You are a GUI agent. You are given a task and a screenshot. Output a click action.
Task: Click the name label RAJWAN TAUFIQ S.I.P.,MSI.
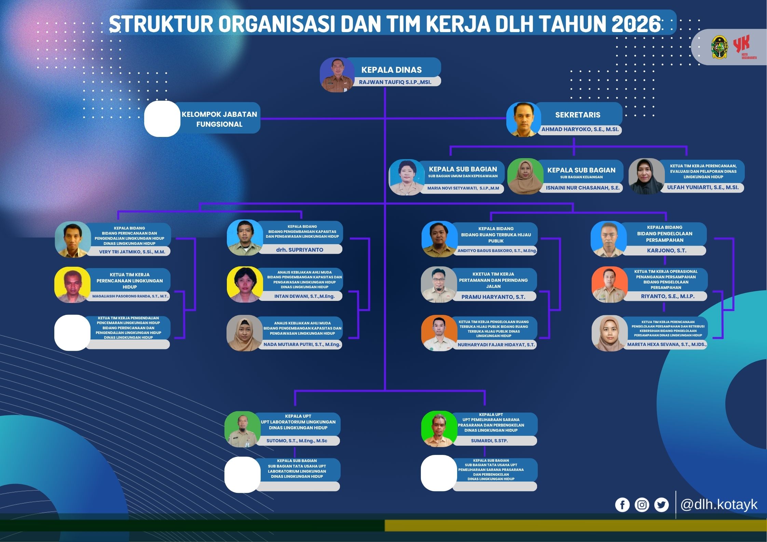(395, 82)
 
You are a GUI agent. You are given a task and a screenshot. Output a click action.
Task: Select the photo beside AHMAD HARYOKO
(523, 119)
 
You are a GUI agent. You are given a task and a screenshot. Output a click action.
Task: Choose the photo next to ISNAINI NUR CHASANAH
(525, 176)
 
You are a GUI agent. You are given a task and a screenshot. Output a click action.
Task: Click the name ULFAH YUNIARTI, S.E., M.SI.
(703, 187)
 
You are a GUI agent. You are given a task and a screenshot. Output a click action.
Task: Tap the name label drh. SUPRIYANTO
(300, 250)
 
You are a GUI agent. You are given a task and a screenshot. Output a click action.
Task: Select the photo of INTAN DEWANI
(245, 284)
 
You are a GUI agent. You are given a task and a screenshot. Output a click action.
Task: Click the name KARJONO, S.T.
(667, 250)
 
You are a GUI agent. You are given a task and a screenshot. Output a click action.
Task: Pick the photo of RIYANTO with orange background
(610, 284)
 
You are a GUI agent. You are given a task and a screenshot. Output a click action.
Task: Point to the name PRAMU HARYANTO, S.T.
(493, 297)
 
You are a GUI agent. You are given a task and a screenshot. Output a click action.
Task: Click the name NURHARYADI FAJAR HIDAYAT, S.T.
(496, 345)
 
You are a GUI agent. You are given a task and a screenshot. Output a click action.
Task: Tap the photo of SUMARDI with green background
(439, 429)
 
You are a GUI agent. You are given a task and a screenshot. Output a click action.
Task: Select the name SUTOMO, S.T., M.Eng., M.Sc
(297, 441)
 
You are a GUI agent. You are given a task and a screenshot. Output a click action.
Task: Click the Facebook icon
(622, 505)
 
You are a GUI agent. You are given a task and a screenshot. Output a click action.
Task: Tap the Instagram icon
(642, 505)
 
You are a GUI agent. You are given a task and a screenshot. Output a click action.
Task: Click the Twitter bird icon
(661, 505)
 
